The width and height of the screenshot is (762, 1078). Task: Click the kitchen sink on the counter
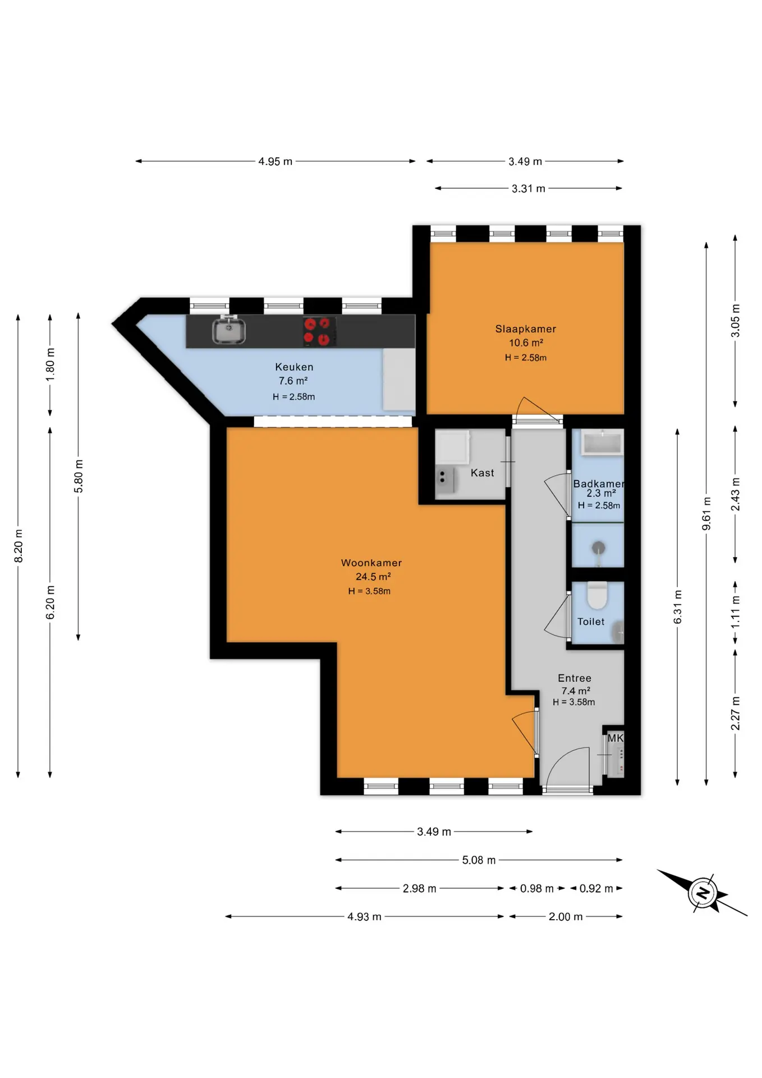point(228,331)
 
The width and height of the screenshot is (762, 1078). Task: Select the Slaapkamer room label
point(526,329)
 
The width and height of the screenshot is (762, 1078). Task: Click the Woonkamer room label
point(371,563)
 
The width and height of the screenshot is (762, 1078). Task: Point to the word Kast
point(483,473)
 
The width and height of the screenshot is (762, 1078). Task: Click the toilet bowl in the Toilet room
point(597,595)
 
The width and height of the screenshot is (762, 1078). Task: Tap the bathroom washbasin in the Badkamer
point(602,442)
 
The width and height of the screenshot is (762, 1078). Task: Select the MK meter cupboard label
point(616,738)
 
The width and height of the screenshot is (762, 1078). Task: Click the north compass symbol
point(703,892)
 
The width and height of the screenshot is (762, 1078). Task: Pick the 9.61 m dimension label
point(706,513)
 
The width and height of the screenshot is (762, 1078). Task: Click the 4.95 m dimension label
point(275,162)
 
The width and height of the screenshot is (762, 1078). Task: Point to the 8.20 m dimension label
point(19,545)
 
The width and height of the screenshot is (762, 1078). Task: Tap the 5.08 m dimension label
point(479,860)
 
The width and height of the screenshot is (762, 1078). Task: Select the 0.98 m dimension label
point(537,888)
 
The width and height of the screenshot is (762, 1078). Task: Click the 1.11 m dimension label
point(736,611)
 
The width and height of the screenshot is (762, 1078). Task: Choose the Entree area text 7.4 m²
point(575,691)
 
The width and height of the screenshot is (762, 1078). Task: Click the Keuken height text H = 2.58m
point(294,396)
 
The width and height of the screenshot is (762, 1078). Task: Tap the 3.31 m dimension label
point(529,189)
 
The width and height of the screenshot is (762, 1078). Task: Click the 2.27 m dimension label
point(736,713)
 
